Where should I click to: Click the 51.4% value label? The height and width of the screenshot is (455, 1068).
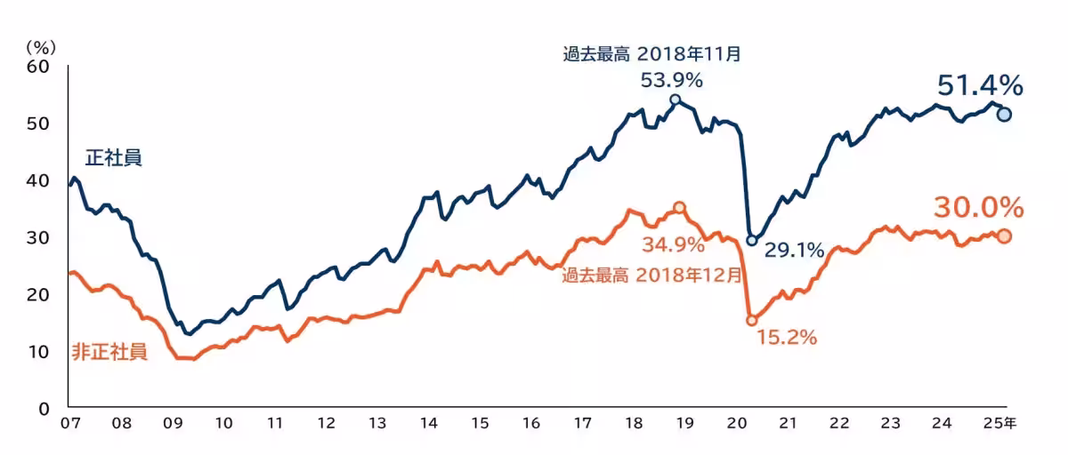click(979, 85)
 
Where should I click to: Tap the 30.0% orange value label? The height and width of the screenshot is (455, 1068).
click(977, 208)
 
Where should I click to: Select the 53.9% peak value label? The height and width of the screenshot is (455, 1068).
click(672, 80)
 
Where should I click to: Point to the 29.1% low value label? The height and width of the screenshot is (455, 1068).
click(794, 251)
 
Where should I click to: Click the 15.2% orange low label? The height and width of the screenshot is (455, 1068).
click(787, 338)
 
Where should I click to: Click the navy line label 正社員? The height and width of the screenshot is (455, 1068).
click(114, 158)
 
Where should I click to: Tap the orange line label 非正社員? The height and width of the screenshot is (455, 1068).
click(109, 352)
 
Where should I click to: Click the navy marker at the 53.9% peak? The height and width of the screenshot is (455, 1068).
click(675, 100)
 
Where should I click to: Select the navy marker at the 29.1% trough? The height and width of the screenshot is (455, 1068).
click(751, 240)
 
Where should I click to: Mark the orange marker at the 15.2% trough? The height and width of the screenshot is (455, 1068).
click(751, 320)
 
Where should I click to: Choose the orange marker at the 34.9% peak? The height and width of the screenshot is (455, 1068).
click(679, 207)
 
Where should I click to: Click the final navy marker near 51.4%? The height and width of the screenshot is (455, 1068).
click(1004, 114)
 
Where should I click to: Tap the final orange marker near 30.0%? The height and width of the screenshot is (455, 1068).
click(1004, 235)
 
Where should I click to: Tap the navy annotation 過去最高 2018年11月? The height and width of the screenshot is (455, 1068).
click(651, 54)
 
